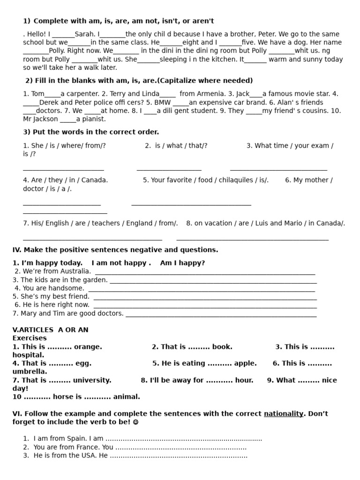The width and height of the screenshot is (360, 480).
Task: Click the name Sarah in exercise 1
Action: coord(84,34)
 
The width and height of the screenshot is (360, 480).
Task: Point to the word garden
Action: coord(96,280)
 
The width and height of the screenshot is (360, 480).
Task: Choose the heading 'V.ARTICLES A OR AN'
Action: coord(50,330)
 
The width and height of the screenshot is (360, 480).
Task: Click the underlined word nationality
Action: coord(284,413)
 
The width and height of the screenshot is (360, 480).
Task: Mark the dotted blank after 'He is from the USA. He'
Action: coord(178,456)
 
